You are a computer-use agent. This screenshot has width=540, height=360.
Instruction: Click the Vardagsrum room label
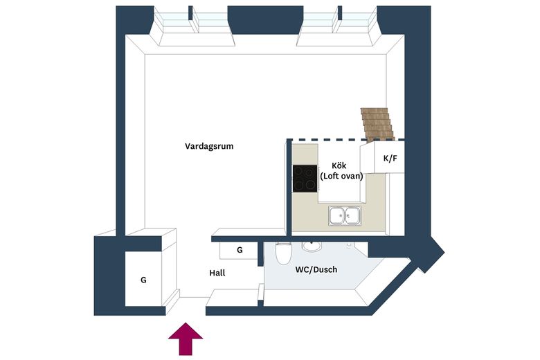[x=209, y=146]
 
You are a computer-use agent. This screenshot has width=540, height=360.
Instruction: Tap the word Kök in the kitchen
[x=339, y=165]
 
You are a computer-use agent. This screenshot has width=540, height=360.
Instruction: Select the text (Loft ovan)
[x=341, y=176]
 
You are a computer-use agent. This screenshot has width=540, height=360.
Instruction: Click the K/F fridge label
[x=390, y=158]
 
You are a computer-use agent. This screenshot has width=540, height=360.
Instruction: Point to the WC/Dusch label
[x=316, y=269]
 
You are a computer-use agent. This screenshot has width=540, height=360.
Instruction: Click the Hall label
[x=217, y=273]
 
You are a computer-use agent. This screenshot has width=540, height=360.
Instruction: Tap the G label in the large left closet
[x=143, y=280]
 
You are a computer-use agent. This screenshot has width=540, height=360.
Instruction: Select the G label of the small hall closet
[x=240, y=250]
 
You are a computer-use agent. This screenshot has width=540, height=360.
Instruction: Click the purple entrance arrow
[x=186, y=339]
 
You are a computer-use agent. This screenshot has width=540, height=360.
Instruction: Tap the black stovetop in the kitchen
[x=305, y=178]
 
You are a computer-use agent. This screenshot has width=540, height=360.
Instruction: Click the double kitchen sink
[x=345, y=216]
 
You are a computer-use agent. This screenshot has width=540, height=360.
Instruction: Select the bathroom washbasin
[x=312, y=246]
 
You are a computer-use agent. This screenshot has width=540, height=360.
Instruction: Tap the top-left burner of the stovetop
[x=298, y=171]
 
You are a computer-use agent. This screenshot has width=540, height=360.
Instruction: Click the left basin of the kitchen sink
[x=337, y=216]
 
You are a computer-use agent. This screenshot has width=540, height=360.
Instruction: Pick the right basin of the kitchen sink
[x=352, y=216]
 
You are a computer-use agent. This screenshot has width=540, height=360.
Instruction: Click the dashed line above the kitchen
[x=345, y=140]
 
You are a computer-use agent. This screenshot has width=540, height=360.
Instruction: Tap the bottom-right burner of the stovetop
[x=311, y=186]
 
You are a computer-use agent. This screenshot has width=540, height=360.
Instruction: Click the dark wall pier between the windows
[x=265, y=19]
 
